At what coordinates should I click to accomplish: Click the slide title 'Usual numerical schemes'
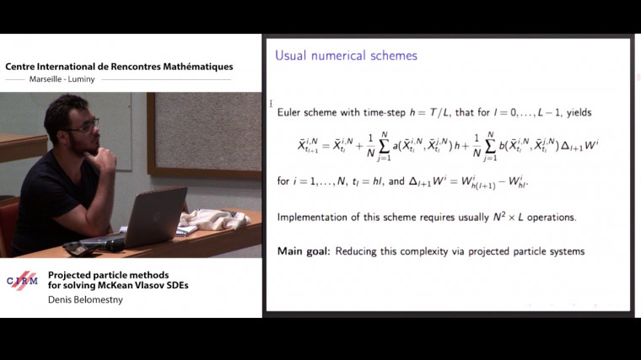[346, 56]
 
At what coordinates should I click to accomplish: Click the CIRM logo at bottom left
[22, 282]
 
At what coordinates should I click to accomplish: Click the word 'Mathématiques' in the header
[198, 67]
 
